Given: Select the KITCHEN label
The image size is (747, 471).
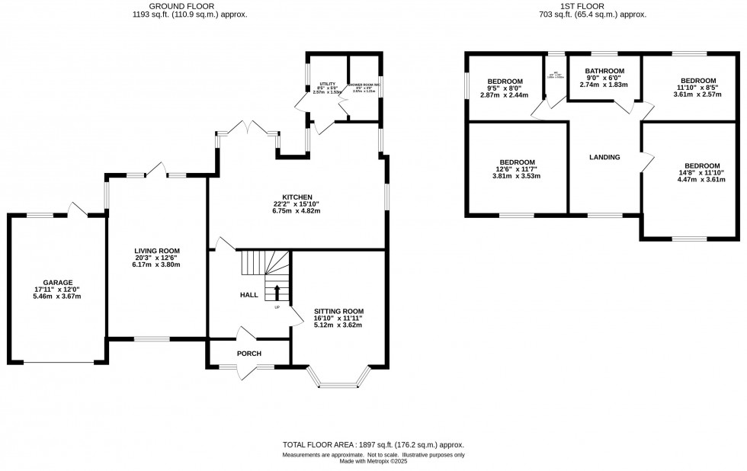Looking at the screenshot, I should (297, 197).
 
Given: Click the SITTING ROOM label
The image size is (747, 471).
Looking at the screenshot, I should (338, 311).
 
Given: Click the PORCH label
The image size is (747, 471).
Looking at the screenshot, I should (248, 353).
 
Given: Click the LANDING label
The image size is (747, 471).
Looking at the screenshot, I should (604, 158).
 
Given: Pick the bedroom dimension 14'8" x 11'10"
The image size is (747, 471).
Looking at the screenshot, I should (701, 173).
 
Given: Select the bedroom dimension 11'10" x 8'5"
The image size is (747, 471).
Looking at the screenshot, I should (698, 88).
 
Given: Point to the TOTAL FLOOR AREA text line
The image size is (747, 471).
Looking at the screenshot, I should (373, 445).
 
